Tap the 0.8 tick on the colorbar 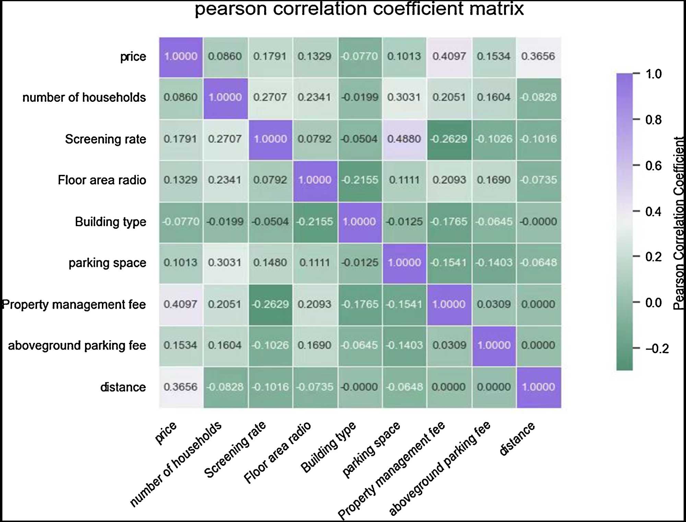[653, 120]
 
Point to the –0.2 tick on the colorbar [657, 349]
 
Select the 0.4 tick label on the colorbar [653, 212]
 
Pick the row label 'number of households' [84, 98]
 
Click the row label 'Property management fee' [74, 305]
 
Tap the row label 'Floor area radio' [102, 180]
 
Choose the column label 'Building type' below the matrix [329, 447]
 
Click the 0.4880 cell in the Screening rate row [404, 139]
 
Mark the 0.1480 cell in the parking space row [270, 263]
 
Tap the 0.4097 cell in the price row [449, 57]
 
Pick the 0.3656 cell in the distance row [180, 387]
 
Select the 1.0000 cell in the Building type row [359, 222]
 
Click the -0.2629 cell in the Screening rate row [449, 139]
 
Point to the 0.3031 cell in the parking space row [225, 263]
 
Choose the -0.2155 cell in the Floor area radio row [359, 180]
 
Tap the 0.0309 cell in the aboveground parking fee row [449, 345]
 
